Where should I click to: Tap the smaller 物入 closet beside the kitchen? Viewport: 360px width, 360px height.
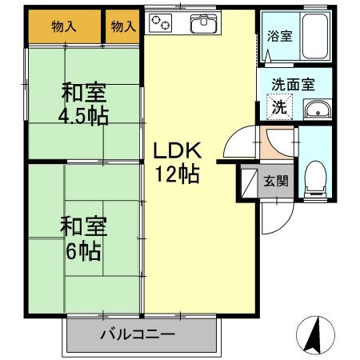(122, 27)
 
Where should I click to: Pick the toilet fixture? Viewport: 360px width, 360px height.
(314, 178)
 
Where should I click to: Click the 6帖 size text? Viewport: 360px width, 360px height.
(83, 250)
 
